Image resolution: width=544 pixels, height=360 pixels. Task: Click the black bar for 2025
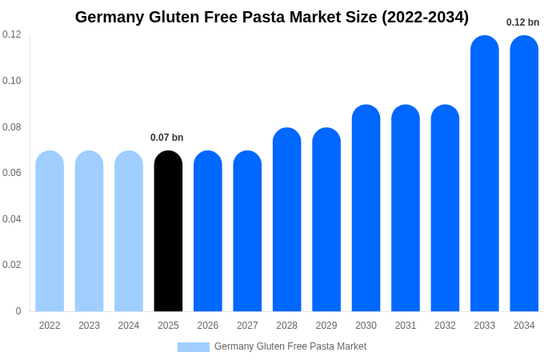tap(168, 231)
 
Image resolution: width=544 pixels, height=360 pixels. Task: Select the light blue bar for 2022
tap(50, 231)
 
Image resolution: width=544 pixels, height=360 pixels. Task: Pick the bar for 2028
tap(286, 219)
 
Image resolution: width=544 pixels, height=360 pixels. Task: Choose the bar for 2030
tap(366, 208)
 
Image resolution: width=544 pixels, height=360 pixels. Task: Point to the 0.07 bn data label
tap(167, 138)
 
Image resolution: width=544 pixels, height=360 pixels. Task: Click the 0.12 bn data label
tap(522, 22)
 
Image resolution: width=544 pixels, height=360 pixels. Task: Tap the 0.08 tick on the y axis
tap(11, 126)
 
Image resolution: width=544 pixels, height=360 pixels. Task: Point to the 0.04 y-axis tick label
tap(11, 219)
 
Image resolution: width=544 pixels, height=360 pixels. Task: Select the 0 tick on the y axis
tap(18, 311)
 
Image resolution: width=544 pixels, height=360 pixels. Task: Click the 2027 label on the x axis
tap(247, 326)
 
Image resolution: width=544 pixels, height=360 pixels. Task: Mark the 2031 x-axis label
tap(406, 326)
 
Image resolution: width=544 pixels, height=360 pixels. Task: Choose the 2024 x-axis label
tap(129, 326)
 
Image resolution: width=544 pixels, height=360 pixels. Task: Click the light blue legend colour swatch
tap(193, 347)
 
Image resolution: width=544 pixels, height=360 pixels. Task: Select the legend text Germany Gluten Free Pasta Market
tap(290, 346)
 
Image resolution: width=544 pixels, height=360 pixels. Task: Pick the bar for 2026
tap(208, 231)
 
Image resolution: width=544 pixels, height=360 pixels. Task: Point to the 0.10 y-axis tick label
tap(11, 81)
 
